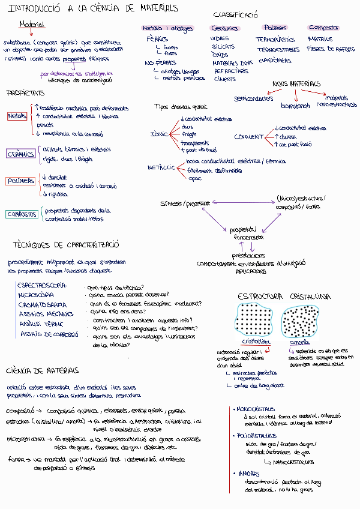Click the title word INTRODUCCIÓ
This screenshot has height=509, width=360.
pyautogui.click(x=37, y=8)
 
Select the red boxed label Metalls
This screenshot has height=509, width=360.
pyautogui.click(x=17, y=116)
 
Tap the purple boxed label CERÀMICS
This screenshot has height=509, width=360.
pyautogui.click(x=21, y=154)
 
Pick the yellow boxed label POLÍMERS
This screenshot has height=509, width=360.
pyautogui.click(x=20, y=181)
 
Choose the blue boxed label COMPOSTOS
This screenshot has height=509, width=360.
pyautogui.click(x=22, y=214)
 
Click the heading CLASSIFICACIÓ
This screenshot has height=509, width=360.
pyautogui.click(x=236, y=14)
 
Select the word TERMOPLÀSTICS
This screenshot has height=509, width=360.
pyautogui.click(x=274, y=40)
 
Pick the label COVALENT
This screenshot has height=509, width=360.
pyautogui.click(x=248, y=136)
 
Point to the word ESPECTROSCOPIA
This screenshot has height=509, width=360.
pyautogui.click(x=41, y=285)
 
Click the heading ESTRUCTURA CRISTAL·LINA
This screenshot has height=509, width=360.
pyautogui.click(x=284, y=297)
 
